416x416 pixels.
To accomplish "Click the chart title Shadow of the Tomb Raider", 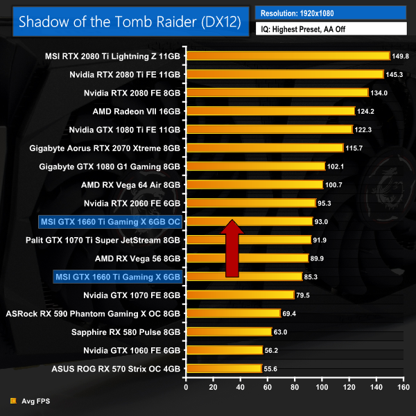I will (x=130, y=21).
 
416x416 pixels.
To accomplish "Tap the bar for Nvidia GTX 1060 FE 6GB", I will (x=224, y=350).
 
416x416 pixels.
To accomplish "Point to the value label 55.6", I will (x=272, y=369).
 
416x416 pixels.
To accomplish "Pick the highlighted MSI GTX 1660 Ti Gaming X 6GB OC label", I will (x=111, y=221).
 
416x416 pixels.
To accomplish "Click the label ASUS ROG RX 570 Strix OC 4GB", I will (x=116, y=368).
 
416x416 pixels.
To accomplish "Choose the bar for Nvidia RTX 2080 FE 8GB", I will (x=277, y=92).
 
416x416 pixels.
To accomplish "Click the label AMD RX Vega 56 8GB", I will (x=137, y=258).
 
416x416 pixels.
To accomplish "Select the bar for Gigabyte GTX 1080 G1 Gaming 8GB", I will (x=255, y=166).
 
